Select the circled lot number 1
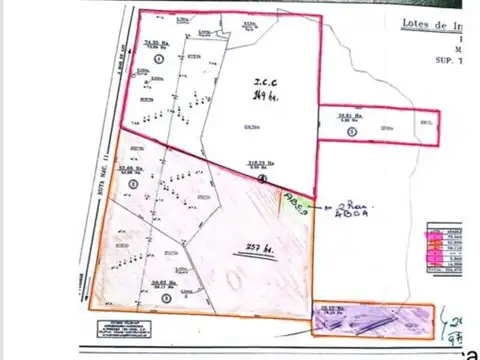click(160, 59)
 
